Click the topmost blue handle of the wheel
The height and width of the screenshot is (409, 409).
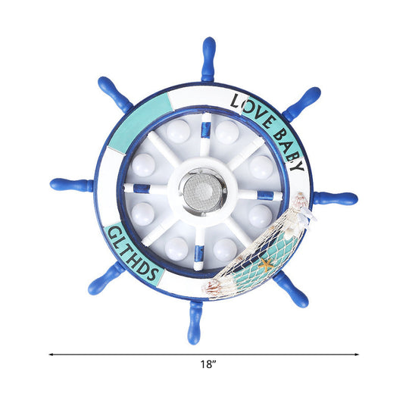pos(208,58)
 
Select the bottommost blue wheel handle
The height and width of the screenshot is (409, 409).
pos(196,319)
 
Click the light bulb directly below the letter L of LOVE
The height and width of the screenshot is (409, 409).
pos(226,133)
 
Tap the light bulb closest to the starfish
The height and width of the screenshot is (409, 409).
pos(224,248)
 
